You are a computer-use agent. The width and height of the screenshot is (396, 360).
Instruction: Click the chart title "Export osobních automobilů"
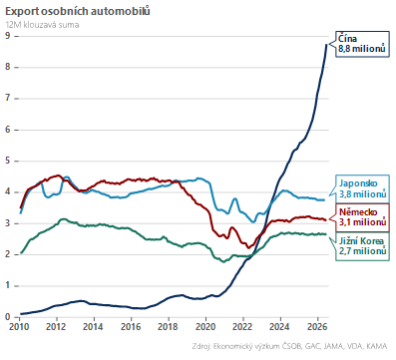[78, 11]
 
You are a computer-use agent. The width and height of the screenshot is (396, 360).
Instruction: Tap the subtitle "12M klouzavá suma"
[42, 25]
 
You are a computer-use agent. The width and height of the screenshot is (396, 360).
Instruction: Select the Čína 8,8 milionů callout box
[362, 44]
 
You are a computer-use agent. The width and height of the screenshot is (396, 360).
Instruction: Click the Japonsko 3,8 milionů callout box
[362, 188]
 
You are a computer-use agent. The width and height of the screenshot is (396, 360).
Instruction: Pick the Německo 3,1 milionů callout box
[362, 217]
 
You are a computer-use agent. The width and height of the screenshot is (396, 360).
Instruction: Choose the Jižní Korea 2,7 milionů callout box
[362, 246]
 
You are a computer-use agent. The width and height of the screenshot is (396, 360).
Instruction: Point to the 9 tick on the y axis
[8, 36]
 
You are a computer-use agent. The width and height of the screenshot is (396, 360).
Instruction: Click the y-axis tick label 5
[8, 161]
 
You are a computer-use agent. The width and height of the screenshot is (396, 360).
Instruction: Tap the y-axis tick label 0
[8, 317]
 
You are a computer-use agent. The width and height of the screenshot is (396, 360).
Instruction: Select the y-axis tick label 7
[8, 98]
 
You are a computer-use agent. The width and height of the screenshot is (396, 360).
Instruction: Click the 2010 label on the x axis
[19, 327]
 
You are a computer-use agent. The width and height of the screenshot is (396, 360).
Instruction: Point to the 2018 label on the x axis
[169, 327]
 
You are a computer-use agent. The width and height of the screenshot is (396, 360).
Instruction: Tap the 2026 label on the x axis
[317, 327]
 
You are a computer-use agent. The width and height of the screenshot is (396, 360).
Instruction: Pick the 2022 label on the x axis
[242, 327]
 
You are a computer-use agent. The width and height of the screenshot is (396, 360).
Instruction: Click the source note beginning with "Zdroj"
[289, 346]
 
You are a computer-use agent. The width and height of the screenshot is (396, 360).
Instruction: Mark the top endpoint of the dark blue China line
[326, 45]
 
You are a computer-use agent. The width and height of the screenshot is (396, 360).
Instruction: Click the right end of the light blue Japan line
[324, 199]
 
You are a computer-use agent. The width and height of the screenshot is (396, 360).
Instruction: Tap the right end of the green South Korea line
[325, 234]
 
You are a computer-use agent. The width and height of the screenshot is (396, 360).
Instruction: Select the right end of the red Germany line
[325, 219]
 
